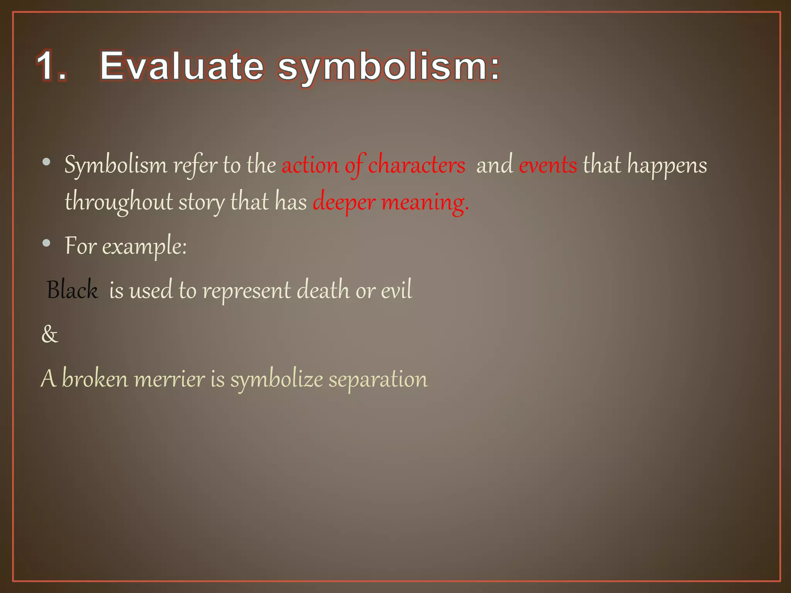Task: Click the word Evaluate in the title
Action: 182,66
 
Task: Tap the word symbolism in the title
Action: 389,67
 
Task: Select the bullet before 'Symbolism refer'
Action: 47,163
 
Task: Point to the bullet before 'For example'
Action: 47,243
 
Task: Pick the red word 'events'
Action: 548,165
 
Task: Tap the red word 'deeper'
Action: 344,202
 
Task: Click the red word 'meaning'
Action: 425,202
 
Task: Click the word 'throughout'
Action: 119,202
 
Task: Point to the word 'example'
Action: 144,246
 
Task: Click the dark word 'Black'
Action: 72,290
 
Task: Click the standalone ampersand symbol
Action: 49,334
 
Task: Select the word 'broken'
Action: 95,379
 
